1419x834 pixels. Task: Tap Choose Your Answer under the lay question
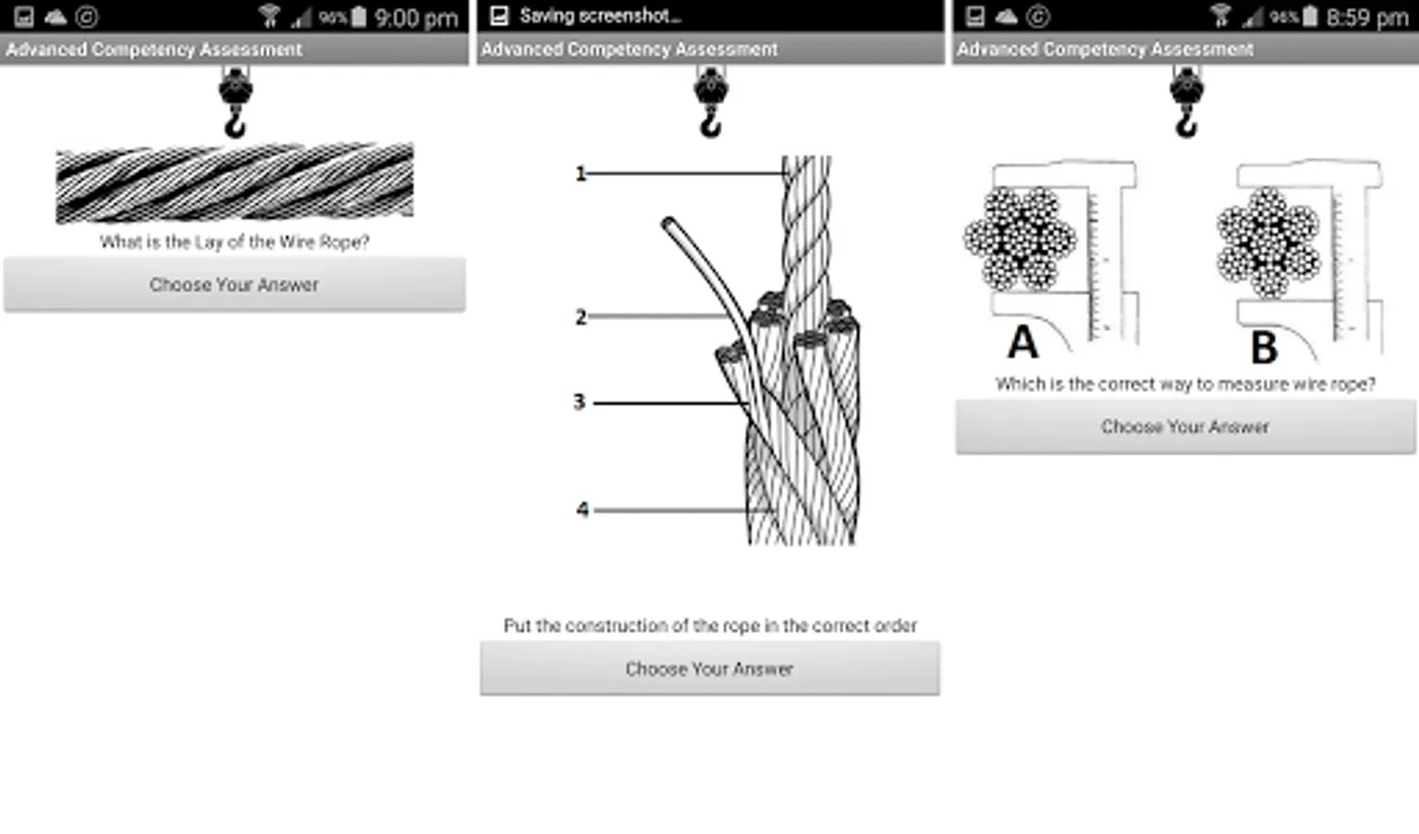coord(234,284)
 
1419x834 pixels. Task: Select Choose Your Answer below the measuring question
coord(1185,426)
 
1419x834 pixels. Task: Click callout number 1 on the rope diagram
coord(580,173)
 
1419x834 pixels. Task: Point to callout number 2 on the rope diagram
coord(581,317)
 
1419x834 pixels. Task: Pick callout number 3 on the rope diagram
coord(579,402)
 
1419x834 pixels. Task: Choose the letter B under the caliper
coord(1264,347)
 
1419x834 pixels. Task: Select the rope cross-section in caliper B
coord(1268,242)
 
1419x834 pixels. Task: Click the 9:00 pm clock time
coord(416,18)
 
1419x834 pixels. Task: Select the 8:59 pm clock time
coord(1368,18)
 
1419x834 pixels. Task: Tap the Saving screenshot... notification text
coord(600,16)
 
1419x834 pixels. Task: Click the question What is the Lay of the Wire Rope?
coord(234,242)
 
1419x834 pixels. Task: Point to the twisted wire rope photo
coord(235,183)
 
